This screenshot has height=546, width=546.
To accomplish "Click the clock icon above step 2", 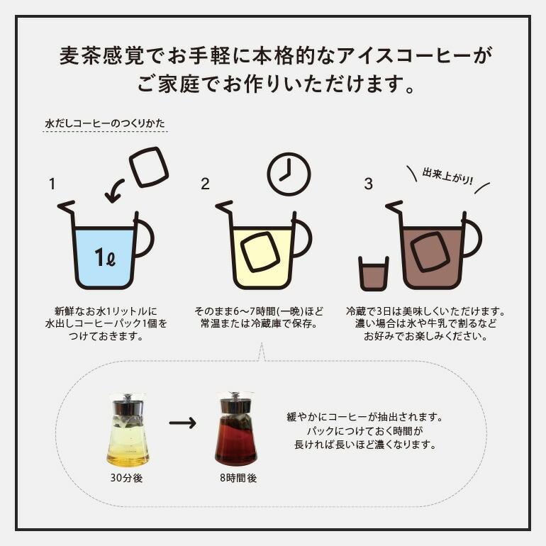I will click(289, 174).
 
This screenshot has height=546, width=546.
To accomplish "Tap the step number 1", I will click(52, 184).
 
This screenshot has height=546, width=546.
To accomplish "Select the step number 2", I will click(205, 184).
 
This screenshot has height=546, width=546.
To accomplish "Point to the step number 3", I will click(368, 184).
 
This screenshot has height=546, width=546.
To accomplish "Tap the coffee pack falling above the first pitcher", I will click(149, 167).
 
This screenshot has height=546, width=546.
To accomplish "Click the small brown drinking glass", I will click(373, 274).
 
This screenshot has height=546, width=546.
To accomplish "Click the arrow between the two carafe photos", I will click(182, 423).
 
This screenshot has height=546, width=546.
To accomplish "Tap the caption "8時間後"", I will click(238, 478).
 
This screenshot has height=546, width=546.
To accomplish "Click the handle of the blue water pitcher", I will click(145, 238).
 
